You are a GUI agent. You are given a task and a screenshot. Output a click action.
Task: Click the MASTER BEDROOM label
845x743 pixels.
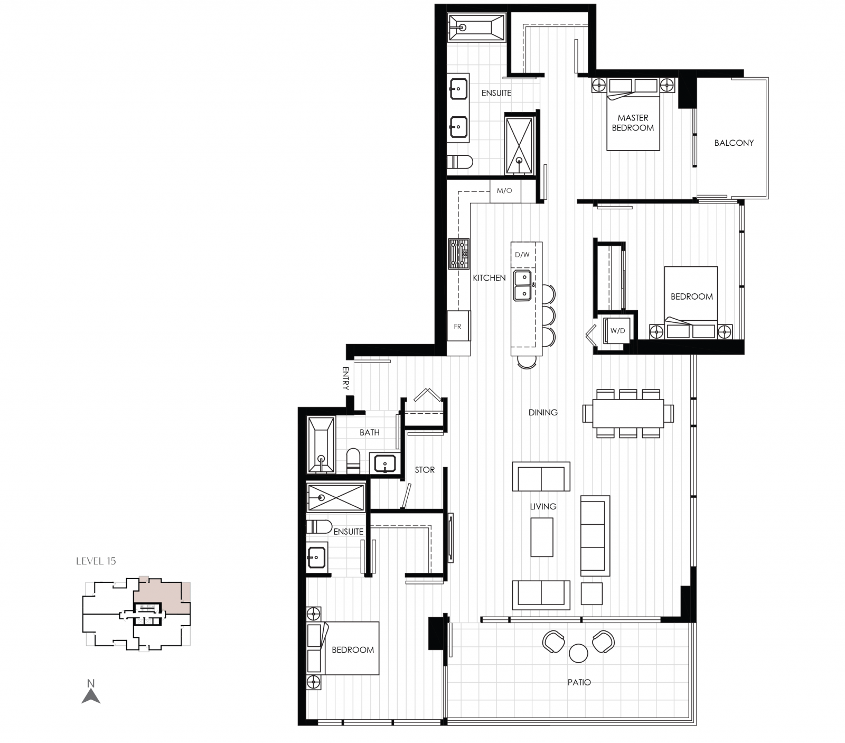point(633,123)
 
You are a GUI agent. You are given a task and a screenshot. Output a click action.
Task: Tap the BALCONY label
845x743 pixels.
point(734,143)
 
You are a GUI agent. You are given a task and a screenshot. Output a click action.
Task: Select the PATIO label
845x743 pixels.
point(579,682)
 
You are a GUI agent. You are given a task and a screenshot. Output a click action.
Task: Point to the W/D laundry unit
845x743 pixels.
point(617,331)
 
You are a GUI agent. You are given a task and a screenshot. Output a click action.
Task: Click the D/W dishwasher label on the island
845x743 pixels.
point(522,255)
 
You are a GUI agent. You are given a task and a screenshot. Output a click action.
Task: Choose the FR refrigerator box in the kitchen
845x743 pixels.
point(458,326)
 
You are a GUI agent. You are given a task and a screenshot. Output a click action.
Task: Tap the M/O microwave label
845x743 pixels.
point(504,191)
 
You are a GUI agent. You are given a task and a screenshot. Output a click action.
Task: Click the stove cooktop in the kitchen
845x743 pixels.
point(458,254)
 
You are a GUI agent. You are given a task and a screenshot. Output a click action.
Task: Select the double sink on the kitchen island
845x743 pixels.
point(523,285)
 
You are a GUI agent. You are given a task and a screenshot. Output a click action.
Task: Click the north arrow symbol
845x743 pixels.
point(91,694)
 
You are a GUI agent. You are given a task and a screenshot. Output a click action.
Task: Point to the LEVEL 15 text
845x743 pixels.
point(96,561)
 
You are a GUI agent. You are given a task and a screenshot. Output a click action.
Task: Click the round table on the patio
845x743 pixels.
point(578,653)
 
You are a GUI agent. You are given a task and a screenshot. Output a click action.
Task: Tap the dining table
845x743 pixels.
point(628,413)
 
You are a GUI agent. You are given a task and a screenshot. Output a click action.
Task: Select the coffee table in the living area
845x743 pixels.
point(542,537)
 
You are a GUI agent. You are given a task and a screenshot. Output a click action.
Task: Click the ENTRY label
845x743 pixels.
point(345,378)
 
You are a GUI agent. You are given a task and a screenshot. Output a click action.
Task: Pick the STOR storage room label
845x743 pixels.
point(425,470)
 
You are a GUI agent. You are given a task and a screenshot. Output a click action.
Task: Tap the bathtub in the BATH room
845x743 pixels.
point(321,445)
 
